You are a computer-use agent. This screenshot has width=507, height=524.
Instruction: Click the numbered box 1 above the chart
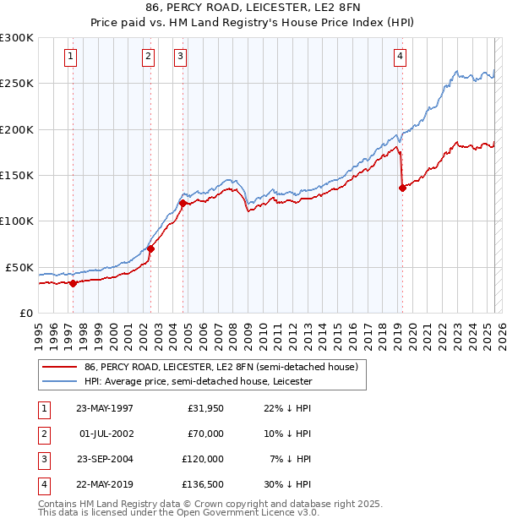[x=69, y=57]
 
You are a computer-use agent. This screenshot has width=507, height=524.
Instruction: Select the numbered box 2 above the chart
[x=148, y=57]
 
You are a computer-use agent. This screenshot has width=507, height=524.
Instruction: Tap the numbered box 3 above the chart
[x=181, y=57]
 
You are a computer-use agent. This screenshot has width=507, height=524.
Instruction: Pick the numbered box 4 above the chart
[x=400, y=57]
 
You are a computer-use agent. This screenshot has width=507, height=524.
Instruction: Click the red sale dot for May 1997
[x=74, y=283]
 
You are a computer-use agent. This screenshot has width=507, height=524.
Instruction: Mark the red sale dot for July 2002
[x=150, y=248]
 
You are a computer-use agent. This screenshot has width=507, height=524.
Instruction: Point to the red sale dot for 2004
[x=183, y=203]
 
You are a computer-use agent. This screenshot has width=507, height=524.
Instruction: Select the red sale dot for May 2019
[x=402, y=188]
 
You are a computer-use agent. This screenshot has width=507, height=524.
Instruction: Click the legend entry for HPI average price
[x=198, y=382]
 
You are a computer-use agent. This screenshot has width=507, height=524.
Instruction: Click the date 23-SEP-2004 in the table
[x=105, y=459]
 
